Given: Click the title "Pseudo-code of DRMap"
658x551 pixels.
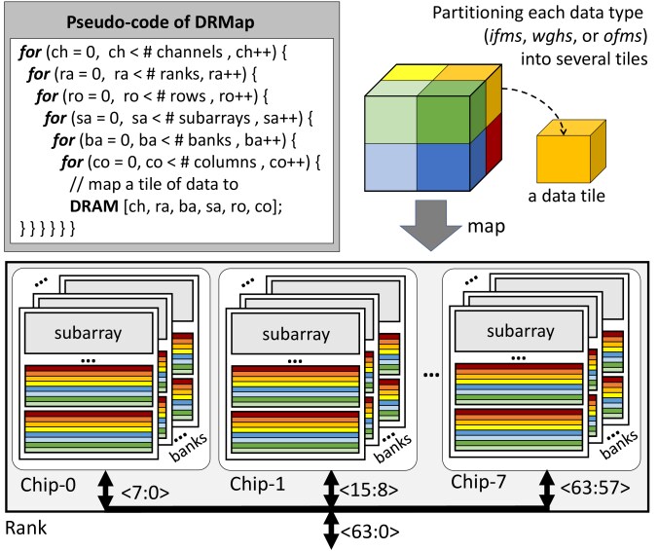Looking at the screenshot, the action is tap(161, 21).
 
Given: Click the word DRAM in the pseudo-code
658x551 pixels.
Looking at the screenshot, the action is tap(94, 206).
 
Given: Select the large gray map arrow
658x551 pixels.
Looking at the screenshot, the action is tap(430, 226).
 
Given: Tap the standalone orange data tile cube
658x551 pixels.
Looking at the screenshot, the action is tap(571, 151).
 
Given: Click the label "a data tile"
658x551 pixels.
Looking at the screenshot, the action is tap(567, 196).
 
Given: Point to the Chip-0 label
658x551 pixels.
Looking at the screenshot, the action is tap(48, 485).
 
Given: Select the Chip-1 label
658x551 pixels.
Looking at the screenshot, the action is tap(257, 484).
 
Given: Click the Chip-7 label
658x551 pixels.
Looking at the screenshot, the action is tap(478, 482).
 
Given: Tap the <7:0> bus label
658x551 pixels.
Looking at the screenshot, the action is tap(145, 493).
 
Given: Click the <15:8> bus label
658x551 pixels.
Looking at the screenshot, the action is tap(368, 490).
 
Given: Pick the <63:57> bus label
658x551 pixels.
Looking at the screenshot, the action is tap(595, 488).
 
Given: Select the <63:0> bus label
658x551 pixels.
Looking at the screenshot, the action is tap(370, 533).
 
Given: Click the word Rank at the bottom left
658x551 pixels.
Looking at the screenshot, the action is tap(25, 528).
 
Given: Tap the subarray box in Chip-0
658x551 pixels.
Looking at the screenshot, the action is tap(89, 333).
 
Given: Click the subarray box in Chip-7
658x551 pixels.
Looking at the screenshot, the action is tap(520, 331).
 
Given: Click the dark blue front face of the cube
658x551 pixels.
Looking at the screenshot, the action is tap(443, 167).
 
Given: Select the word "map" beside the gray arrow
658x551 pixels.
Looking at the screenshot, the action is tap(486, 227).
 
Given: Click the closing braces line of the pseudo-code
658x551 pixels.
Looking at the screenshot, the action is tap(48, 229).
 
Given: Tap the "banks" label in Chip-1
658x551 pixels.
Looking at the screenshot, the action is tap(392, 448).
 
